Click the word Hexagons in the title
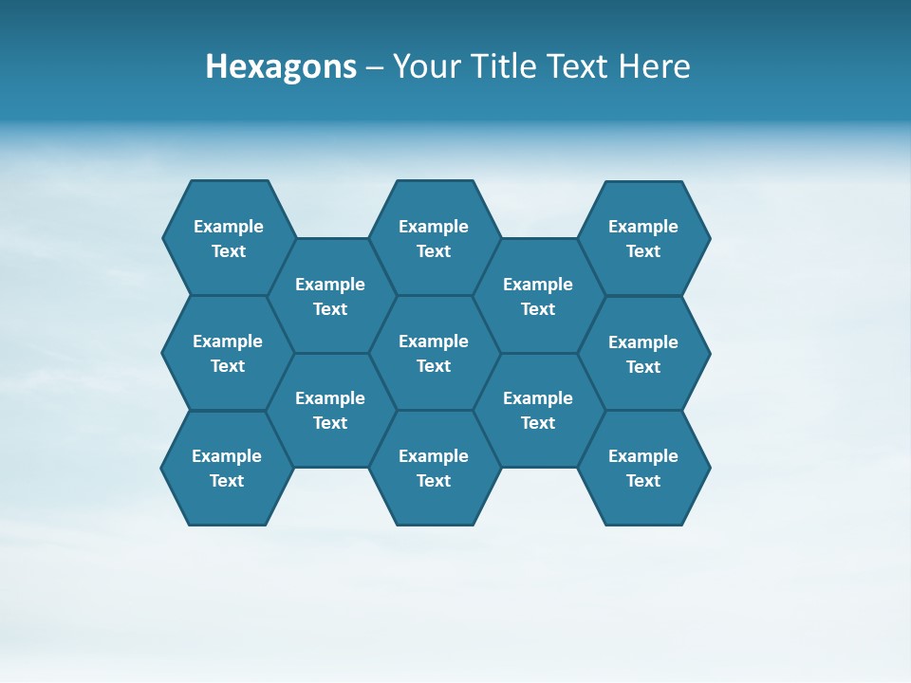coord(281,67)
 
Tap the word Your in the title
coord(424,67)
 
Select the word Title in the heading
coord(503,67)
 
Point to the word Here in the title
coord(654,67)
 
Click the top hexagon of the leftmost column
coord(229,238)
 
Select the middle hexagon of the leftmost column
coord(228,353)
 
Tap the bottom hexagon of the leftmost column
coord(227,468)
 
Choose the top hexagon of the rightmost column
coord(643,238)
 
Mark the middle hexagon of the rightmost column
coord(643,354)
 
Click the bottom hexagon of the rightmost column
coord(643,468)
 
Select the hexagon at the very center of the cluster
coord(434,353)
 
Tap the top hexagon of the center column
coord(434,238)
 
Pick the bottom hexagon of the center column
coord(434,468)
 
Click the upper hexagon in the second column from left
coord(330,296)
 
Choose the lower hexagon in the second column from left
coord(330,410)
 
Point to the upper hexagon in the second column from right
coord(538,296)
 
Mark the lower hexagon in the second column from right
coord(538,410)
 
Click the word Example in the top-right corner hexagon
coord(643,227)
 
